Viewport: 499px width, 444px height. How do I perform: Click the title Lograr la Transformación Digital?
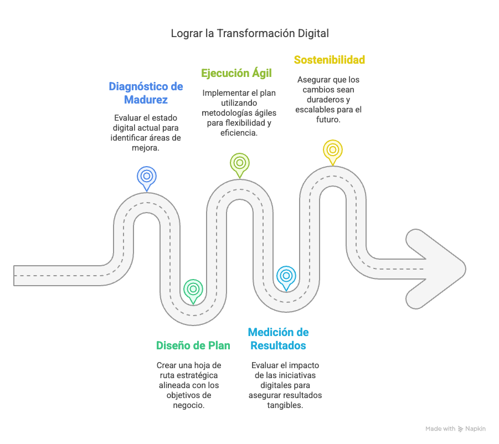click(x=249, y=33)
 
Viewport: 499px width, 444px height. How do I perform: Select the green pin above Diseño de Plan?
click(x=193, y=289)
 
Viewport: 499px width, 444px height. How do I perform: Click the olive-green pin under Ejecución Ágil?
click(x=239, y=163)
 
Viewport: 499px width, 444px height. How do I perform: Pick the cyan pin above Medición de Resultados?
click(x=286, y=276)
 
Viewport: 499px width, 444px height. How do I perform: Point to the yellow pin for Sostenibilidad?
click(x=332, y=149)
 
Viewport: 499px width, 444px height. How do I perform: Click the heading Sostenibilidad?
click(x=330, y=60)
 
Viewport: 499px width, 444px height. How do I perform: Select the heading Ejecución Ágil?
click(x=236, y=73)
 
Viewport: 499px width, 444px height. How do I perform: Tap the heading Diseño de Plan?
click(x=193, y=345)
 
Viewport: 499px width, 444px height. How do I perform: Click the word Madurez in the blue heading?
click(x=146, y=100)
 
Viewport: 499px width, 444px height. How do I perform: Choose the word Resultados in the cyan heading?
click(x=278, y=346)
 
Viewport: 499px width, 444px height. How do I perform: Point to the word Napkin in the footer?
click(x=476, y=429)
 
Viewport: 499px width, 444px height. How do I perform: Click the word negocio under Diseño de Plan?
click(x=189, y=405)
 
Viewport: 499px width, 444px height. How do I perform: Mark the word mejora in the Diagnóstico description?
click(x=146, y=147)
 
